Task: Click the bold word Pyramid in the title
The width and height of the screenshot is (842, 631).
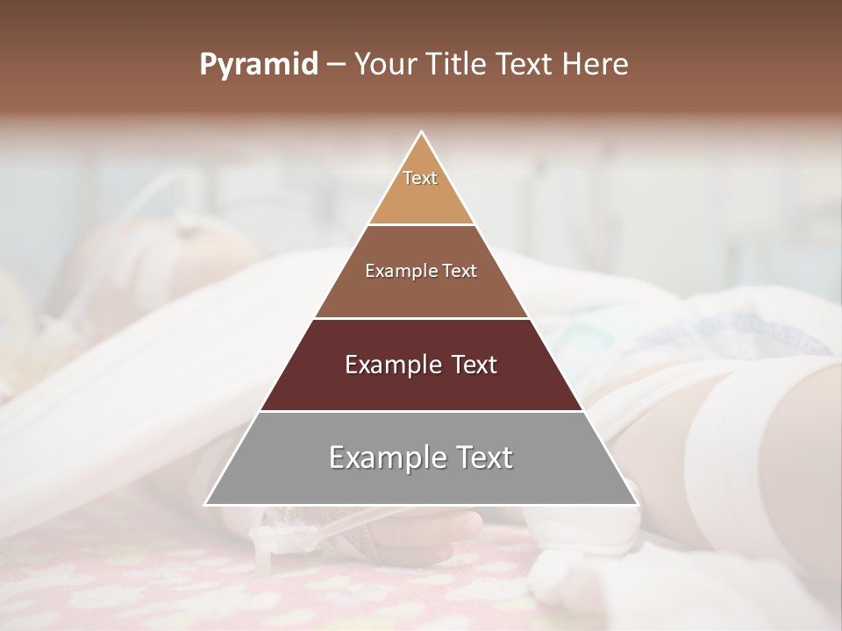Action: click(258, 65)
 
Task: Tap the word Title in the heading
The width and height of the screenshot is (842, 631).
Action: click(457, 65)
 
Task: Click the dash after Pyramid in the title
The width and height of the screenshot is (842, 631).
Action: click(335, 65)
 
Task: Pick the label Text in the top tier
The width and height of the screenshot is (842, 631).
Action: click(420, 178)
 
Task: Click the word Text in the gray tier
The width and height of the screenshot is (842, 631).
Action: click(481, 457)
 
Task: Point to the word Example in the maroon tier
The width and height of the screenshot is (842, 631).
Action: click(392, 365)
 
